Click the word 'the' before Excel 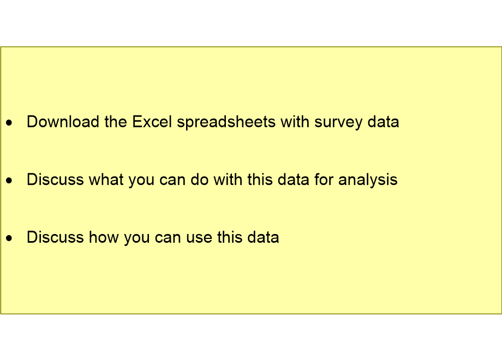[x=116, y=122]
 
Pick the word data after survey [x=383, y=122]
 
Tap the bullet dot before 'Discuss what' [x=9, y=181]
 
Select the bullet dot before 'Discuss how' [x=9, y=239]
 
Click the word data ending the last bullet [x=263, y=237]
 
